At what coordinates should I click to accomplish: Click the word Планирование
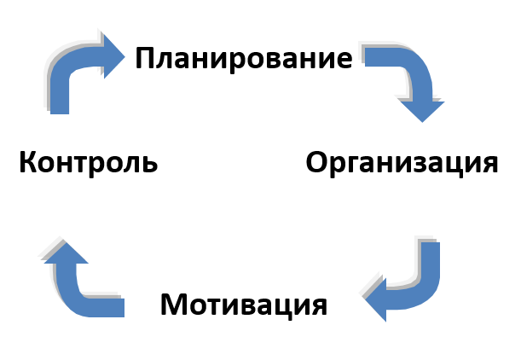click(243, 59)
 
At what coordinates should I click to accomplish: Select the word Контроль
click(88, 162)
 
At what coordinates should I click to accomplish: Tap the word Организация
click(402, 162)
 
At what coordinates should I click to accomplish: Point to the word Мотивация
click(243, 305)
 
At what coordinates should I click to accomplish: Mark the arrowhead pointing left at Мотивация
click(377, 299)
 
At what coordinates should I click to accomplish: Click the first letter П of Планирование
click(145, 59)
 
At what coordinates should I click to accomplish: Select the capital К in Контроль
click(28, 162)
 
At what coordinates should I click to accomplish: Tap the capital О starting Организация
click(317, 162)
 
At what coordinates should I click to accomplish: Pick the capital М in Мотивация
click(174, 305)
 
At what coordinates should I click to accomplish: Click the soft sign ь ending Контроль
click(150, 162)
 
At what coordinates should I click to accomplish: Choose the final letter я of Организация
click(489, 164)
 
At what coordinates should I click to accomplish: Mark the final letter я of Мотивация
click(318, 306)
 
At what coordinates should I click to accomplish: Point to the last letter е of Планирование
click(344, 61)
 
